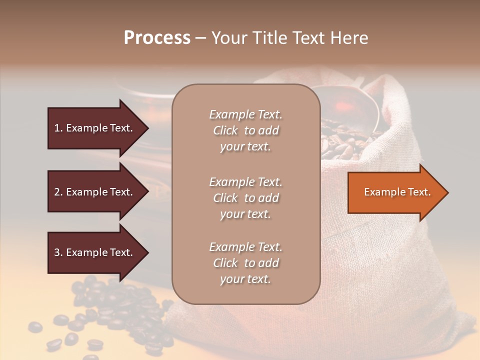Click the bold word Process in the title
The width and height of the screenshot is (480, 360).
pos(157,38)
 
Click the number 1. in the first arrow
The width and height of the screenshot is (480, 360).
pos(58,128)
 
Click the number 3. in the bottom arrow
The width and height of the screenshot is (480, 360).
pos(58,252)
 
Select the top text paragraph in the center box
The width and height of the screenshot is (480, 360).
pos(245,130)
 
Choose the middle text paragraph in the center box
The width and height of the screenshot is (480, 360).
pos(245,198)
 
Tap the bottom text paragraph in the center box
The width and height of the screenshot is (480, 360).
pos(245,263)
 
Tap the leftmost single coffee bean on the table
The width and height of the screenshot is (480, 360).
pos(34,327)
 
